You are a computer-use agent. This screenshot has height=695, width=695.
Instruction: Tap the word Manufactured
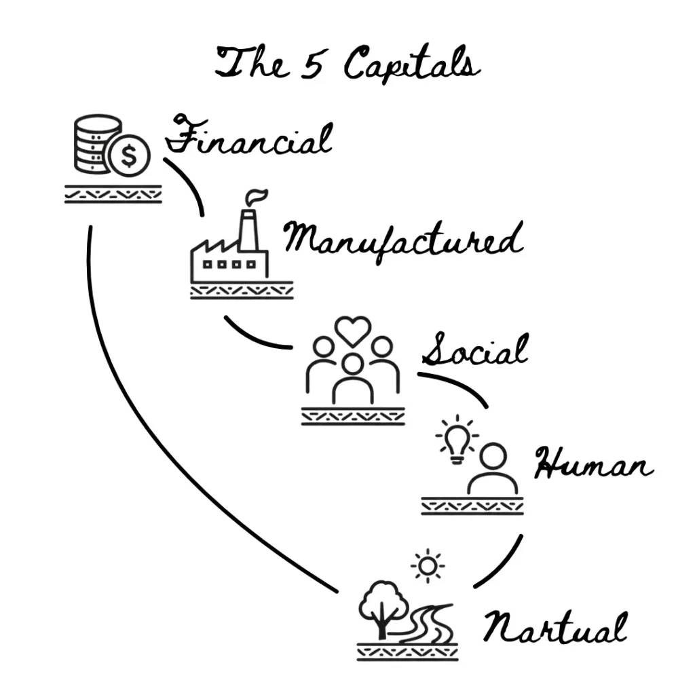(402, 241)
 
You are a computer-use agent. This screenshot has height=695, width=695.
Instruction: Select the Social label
(474, 352)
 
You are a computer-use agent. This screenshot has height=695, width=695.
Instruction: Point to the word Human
(593, 466)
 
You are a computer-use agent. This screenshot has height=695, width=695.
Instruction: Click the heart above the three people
(353, 331)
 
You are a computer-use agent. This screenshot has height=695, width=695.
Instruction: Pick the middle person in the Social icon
(352, 380)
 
